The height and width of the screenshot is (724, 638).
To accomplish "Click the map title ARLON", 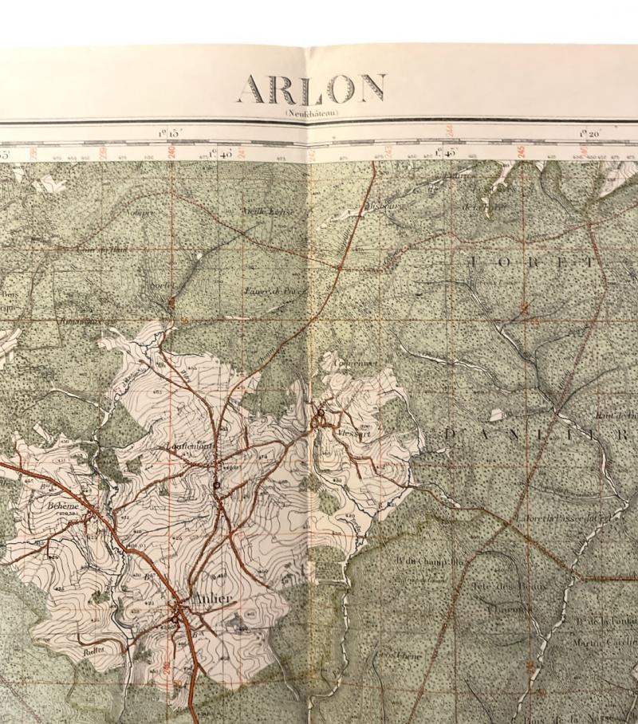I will (312, 89).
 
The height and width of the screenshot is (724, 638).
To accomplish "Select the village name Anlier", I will (213, 600).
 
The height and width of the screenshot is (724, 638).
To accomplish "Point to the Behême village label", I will (63, 506).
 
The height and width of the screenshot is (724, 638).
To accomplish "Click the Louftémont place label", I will (188, 447).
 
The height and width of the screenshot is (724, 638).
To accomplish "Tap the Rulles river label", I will (94, 650).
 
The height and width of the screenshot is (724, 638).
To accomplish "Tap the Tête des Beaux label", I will (495, 588).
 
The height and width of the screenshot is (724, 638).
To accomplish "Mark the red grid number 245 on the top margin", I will (520, 149).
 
